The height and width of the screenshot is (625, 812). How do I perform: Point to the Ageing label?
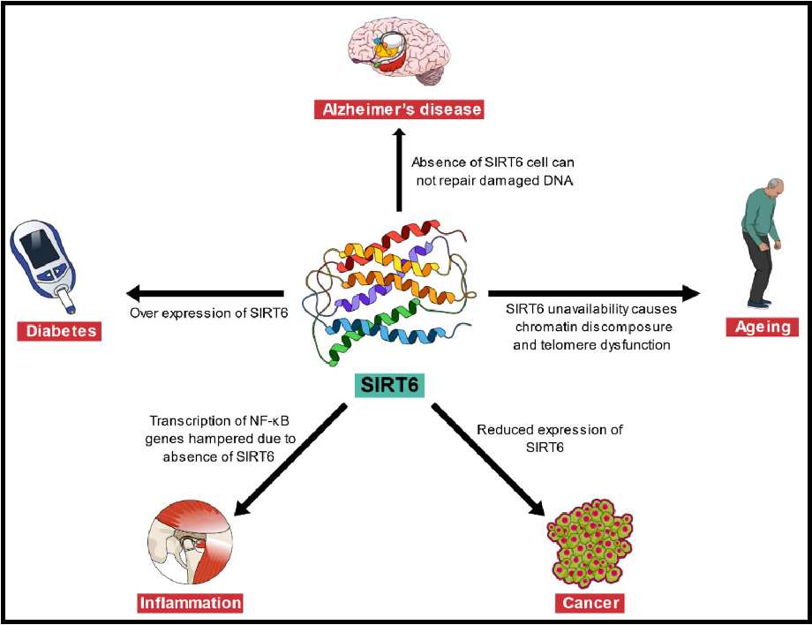point(763,328)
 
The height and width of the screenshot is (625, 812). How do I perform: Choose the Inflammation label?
point(190,604)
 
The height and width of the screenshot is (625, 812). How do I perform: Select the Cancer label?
point(590,604)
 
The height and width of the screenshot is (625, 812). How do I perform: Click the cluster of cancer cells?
point(590,542)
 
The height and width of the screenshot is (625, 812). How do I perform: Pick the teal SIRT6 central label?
point(389,386)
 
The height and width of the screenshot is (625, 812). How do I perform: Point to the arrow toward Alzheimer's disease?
point(399,172)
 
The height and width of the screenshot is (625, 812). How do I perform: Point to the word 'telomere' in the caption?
point(568,345)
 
